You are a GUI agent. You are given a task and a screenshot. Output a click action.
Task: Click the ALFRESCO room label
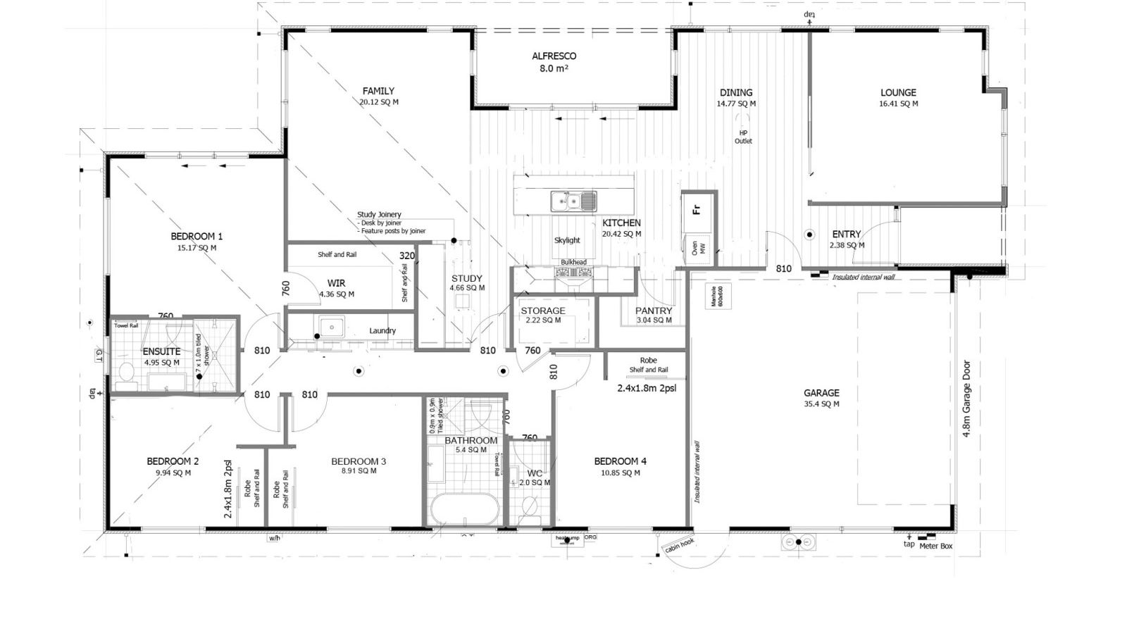(x=554, y=56)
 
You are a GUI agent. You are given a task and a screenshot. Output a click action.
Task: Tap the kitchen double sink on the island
(x=573, y=201)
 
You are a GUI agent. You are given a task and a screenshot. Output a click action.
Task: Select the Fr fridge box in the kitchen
(x=697, y=209)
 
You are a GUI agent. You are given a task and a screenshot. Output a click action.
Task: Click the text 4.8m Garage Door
(x=967, y=399)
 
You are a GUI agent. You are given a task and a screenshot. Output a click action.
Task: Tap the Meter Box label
(x=937, y=546)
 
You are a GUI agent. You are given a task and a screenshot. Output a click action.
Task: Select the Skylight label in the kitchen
(x=567, y=240)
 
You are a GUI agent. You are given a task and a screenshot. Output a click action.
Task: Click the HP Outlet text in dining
(x=743, y=137)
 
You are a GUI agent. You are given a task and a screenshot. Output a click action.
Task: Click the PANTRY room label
(x=654, y=311)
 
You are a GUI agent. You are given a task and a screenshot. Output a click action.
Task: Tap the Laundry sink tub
(x=329, y=327)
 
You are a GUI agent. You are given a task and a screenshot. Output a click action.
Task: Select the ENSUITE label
(x=161, y=351)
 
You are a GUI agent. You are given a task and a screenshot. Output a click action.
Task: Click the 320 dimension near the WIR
(x=406, y=256)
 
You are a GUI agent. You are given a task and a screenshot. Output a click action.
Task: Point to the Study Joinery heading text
(x=379, y=215)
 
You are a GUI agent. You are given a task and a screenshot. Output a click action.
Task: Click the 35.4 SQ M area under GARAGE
(x=821, y=404)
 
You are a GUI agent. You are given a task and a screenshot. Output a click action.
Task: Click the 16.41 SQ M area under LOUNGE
(x=898, y=104)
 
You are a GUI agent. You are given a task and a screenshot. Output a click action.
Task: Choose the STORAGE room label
(x=542, y=311)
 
